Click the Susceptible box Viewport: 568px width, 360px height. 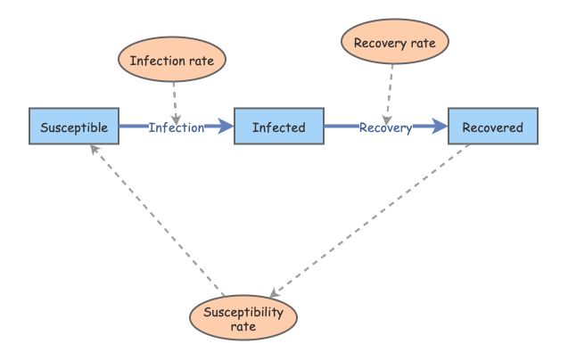coord(73,127)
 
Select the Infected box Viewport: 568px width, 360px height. coord(278,127)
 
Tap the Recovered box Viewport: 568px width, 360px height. coord(492,127)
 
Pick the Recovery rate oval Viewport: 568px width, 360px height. coord(395,41)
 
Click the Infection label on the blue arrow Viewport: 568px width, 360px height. coord(176,127)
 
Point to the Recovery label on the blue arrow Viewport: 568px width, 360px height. coord(385,127)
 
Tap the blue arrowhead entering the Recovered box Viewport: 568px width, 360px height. coord(440,127)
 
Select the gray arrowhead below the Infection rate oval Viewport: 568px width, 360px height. coord(177,119)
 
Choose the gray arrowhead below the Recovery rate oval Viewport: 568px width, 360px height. coord(386,119)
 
